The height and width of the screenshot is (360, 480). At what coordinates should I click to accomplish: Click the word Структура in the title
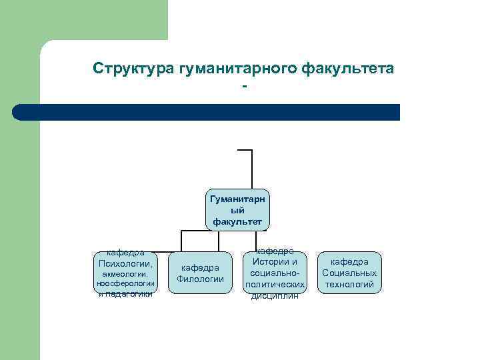click(134, 69)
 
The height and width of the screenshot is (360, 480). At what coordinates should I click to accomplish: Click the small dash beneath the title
click(245, 87)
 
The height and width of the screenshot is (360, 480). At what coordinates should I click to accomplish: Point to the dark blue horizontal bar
click(207, 112)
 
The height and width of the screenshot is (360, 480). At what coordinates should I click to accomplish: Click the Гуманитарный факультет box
click(238, 209)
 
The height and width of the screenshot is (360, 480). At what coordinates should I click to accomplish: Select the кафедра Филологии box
click(200, 273)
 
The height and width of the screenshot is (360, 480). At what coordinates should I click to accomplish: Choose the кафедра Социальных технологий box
click(349, 273)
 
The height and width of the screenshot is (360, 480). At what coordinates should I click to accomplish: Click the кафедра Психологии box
click(125, 272)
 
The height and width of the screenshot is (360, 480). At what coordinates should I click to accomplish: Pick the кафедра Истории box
click(275, 273)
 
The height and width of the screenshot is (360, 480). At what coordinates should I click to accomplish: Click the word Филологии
click(200, 279)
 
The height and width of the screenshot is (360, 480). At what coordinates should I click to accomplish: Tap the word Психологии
click(125, 263)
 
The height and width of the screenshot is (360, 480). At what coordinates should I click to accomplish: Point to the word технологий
click(349, 285)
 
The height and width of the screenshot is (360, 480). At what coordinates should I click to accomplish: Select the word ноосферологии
click(125, 283)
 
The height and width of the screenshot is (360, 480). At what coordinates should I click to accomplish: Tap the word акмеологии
click(125, 273)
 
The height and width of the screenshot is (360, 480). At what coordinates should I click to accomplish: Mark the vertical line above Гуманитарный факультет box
click(252, 169)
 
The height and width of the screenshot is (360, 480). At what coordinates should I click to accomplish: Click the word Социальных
click(349, 273)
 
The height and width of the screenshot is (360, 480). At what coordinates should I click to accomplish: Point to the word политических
click(275, 285)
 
